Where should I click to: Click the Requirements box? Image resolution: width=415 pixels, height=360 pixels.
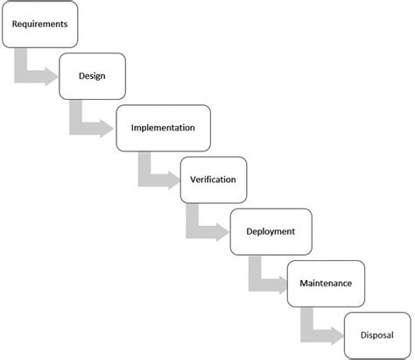[39, 25]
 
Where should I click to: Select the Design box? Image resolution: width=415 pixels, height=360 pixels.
[92, 75]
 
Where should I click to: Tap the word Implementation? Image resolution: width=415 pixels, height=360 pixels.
[162, 128]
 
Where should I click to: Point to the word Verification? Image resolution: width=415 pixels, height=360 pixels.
[213, 180]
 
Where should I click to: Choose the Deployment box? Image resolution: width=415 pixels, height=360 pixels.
[270, 231]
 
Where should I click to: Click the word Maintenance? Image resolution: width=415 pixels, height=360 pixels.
[326, 283]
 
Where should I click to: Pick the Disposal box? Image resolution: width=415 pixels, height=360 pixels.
[376, 334]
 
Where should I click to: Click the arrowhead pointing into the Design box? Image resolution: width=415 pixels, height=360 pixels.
[51, 76]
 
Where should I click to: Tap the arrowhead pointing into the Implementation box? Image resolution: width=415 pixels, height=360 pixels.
[107, 129]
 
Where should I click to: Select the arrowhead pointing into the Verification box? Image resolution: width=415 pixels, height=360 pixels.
[172, 180]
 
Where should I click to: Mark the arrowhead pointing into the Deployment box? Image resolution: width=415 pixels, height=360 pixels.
[222, 232]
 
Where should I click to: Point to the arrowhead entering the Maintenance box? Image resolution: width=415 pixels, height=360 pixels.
[279, 284]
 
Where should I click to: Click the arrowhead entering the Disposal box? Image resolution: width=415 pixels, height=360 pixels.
[335, 335]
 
